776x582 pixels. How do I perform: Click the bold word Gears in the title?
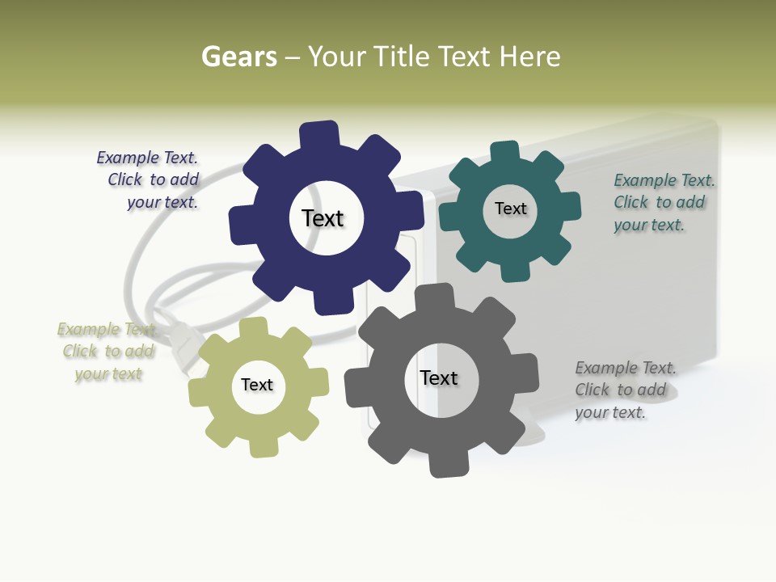(x=238, y=57)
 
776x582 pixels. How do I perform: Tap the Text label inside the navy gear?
(x=323, y=218)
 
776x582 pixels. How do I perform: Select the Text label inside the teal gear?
(x=510, y=209)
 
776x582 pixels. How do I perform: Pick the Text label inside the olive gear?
(x=257, y=386)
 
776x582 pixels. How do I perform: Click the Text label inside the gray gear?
(x=439, y=378)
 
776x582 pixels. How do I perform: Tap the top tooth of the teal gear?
(x=505, y=152)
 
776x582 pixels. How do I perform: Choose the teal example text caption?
(x=663, y=203)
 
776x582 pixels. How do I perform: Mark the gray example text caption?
(x=624, y=390)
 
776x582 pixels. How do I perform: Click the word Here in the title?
(x=530, y=57)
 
